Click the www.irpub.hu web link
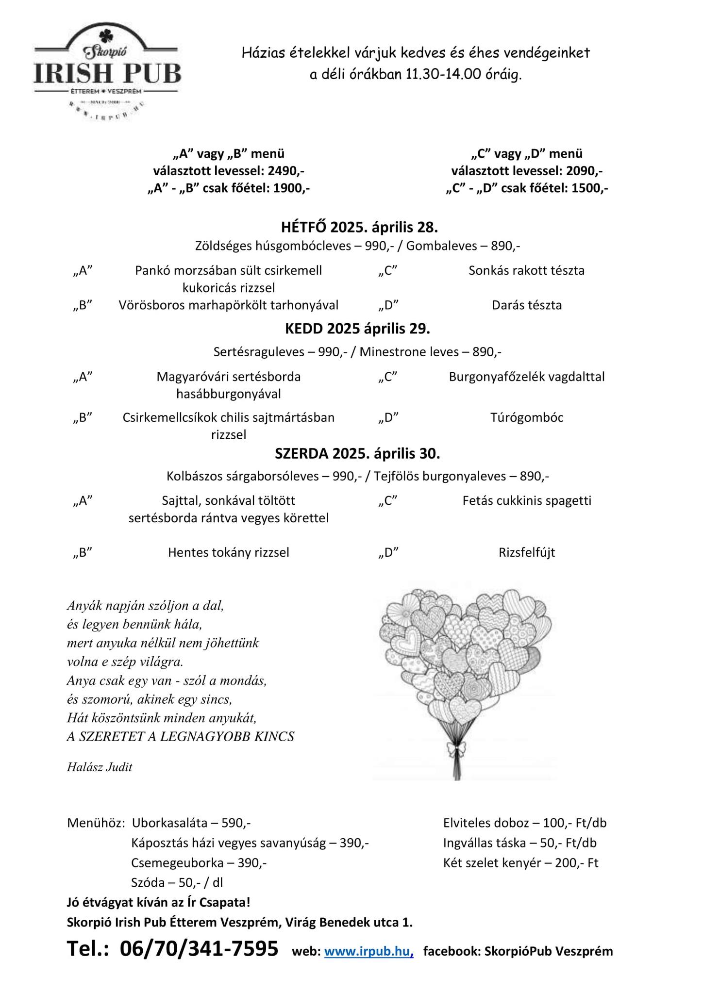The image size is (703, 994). pos(368,951)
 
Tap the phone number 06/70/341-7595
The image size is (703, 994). pos(199,949)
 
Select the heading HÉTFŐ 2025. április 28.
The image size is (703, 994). pos(359,227)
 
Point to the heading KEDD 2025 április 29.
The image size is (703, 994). pos(357,329)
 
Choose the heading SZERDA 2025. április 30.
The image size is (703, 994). pos(357,453)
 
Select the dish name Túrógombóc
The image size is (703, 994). pos(527,418)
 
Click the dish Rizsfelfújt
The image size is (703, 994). pos(527,552)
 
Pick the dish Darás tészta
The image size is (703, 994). pos(527,305)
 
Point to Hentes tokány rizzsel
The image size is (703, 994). pos(229,552)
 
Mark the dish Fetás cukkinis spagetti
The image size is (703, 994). pos(527,500)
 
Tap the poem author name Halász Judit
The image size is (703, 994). pos(100,767)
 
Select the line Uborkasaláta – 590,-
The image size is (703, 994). pos(191,823)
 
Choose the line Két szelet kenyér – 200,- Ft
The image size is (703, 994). pos(521,863)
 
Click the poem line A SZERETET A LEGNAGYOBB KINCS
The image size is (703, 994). pos(181,737)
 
